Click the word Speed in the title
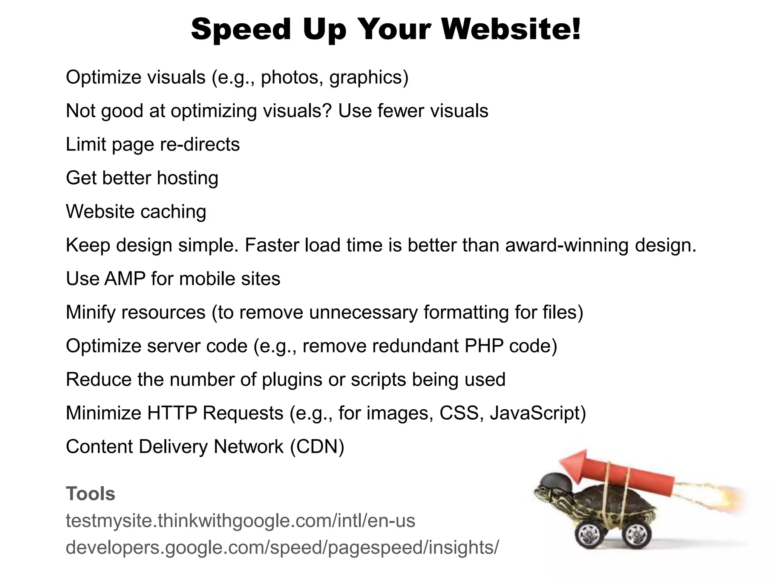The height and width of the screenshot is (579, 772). [241, 29]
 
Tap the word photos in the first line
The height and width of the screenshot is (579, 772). [289, 77]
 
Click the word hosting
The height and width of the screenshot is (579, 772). [187, 178]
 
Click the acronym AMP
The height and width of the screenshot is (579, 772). [125, 279]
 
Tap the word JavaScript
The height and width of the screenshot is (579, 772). [535, 413]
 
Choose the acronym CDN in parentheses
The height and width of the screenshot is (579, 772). [317, 447]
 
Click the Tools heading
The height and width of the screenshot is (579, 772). [90, 493]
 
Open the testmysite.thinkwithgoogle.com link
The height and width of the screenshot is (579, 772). [240, 521]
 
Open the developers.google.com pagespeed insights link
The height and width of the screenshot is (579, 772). [282, 547]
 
